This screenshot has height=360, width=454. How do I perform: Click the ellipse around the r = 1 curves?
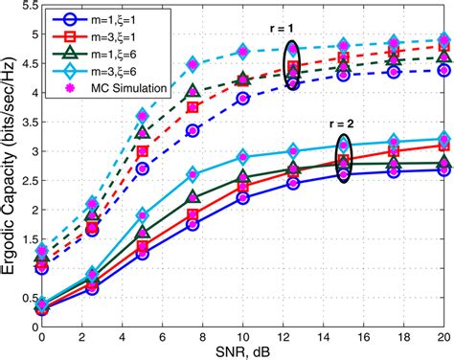pos(293,62)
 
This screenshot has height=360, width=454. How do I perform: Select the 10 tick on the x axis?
pos(243,336)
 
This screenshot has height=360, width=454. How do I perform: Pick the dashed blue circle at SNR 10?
pos(243,99)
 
